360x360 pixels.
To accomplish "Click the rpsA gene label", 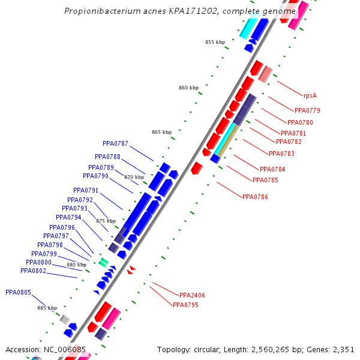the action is (310, 95).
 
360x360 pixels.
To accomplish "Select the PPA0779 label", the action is (307, 110).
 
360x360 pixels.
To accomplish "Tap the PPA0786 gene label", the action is (255, 197).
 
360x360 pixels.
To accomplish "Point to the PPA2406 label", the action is (192, 295).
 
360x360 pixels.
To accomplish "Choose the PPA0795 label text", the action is (185, 305).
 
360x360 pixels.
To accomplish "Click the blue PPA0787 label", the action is (115, 143).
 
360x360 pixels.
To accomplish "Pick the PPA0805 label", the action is (18, 292).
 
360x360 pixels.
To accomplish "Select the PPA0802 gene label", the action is (33, 271).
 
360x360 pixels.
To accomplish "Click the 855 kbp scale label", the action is (215, 42).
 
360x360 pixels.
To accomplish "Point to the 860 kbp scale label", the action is (188, 88).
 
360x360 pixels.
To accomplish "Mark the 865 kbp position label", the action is (161, 132).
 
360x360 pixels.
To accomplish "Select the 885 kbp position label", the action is (47, 308).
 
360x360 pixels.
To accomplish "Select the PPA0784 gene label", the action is (272, 169).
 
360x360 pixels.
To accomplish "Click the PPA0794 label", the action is (68, 217).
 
